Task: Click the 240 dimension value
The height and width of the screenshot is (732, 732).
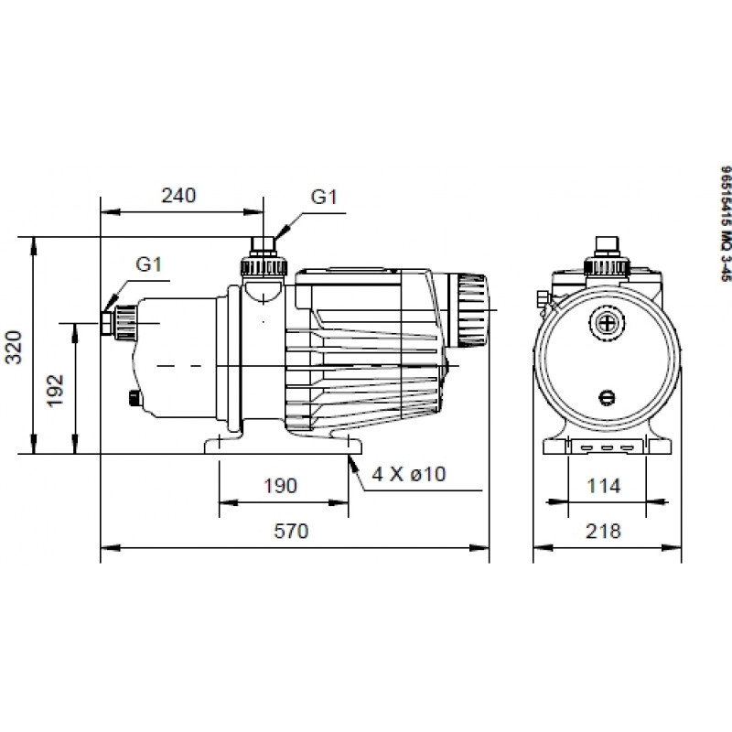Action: [178, 196]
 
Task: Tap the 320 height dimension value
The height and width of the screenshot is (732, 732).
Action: [14, 347]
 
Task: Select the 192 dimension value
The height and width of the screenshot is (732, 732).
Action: [55, 391]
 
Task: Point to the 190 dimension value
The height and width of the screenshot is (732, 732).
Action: [280, 486]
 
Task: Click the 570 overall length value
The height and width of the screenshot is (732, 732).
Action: [291, 532]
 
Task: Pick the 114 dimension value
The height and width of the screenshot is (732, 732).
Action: [604, 486]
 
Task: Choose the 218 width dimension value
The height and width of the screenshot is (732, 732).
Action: [604, 532]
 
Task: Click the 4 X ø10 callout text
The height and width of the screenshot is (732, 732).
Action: [409, 474]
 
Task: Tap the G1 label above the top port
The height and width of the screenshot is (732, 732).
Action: [324, 197]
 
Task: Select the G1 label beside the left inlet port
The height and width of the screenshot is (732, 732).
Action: [148, 264]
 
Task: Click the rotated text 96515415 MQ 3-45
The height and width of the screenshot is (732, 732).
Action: [725, 223]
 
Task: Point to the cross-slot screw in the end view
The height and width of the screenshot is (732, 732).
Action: [607, 323]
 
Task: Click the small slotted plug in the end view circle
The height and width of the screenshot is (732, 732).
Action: [607, 398]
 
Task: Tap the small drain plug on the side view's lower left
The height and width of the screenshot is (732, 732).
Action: [134, 385]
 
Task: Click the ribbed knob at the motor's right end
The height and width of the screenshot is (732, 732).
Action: [472, 310]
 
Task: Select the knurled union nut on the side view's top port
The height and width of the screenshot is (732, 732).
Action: [264, 267]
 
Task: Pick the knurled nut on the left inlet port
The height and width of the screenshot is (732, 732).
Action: [125, 323]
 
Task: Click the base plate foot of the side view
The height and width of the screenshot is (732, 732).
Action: [284, 445]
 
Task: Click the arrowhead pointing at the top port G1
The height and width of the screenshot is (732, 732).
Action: [282, 231]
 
